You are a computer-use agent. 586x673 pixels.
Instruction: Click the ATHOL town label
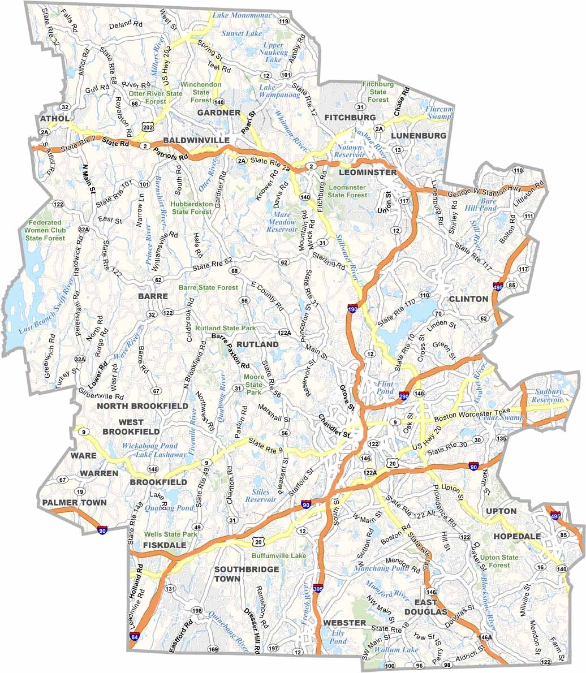tap(54, 118)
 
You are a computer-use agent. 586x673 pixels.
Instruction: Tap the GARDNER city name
tap(219, 113)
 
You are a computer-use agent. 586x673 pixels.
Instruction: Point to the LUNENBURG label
tap(419, 136)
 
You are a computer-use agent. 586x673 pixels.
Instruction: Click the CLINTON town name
tap(468, 299)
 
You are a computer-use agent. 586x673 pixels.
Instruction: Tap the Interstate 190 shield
tap(352, 309)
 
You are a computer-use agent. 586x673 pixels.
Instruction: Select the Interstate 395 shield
tap(318, 589)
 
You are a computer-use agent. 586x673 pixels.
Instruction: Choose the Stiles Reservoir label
tap(261, 496)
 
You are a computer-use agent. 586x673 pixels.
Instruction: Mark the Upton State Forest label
tap(499, 561)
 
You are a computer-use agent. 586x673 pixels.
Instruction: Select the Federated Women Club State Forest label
tap(45, 230)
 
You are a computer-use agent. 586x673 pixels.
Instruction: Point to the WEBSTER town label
tap(344, 622)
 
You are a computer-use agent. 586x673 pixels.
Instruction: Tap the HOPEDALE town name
tap(516, 536)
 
